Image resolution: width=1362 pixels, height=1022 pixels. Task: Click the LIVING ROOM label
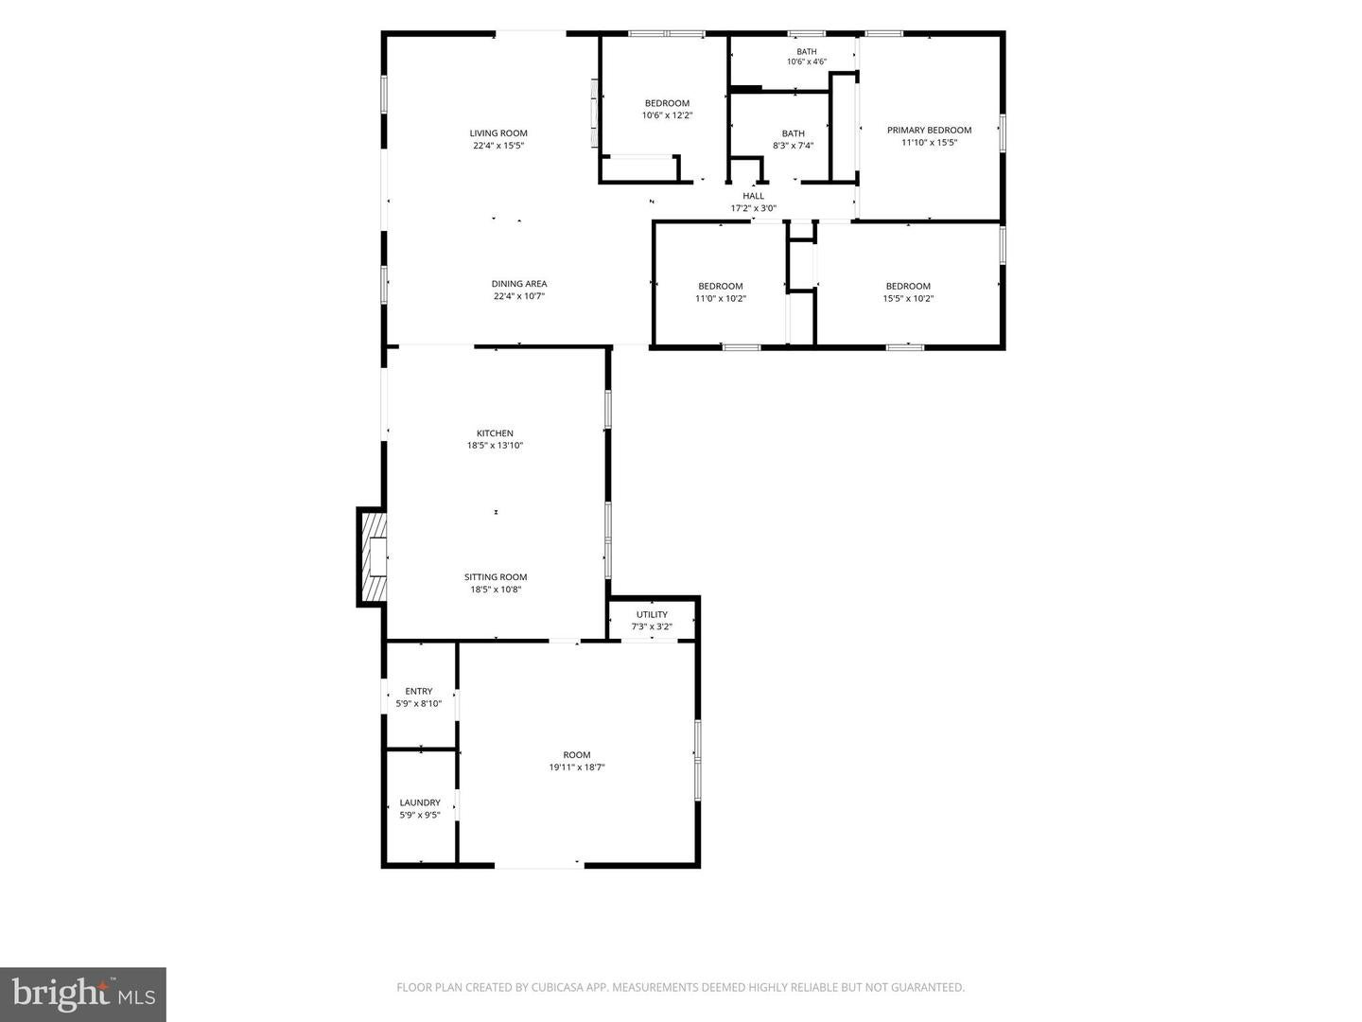(498, 132)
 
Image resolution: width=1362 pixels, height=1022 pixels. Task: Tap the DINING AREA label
(519, 284)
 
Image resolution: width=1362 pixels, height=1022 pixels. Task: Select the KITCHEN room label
(496, 433)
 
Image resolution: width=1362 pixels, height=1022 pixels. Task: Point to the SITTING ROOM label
(496, 577)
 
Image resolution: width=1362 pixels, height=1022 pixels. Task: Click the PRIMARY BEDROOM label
(929, 130)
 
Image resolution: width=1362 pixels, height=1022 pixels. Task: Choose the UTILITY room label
(652, 614)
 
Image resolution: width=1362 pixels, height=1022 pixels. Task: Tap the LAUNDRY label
(420, 802)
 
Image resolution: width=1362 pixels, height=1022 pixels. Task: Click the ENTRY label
(419, 691)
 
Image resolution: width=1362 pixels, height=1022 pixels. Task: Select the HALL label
(753, 196)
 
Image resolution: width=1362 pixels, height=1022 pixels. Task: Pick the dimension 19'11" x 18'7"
(576, 766)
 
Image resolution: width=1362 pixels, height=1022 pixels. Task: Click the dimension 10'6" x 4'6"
(807, 62)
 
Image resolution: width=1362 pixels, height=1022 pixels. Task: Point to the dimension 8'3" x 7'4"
(793, 146)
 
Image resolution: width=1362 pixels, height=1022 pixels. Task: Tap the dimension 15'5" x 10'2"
(908, 298)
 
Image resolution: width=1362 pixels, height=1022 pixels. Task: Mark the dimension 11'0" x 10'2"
(721, 298)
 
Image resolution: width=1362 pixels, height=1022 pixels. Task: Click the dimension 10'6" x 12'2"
(667, 115)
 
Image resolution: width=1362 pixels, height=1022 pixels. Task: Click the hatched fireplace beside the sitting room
(374, 556)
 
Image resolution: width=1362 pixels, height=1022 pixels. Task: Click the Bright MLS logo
(83, 995)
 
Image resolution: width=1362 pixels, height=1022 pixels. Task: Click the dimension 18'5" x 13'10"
(496, 446)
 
